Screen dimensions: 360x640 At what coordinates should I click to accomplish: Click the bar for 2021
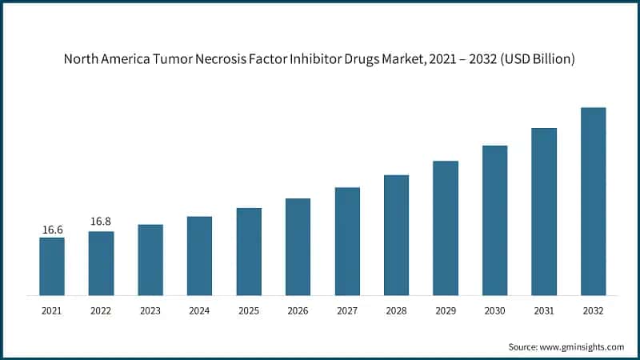click(x=52, y=266)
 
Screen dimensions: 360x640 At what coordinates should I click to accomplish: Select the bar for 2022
click(x=101, y=263)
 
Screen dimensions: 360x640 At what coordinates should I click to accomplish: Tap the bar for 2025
click(x=249, y=251)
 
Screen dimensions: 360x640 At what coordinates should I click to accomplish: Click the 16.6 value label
click(x=52, y=230)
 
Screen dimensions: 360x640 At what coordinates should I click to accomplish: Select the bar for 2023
click(x=150, y=260)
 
